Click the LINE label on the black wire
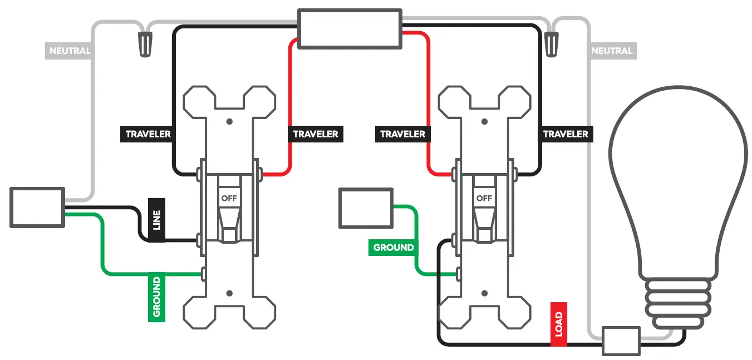(156, 220)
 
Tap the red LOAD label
(558, 324)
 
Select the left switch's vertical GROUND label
(156, 297)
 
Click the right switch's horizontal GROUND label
(393, 248)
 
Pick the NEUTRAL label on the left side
(70, 51)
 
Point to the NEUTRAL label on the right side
(612, 51)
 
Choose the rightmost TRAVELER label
(566, 134)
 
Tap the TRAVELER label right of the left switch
(316, 134)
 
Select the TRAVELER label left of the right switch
(402, 134)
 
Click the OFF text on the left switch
(229, 198)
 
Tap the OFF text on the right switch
(484, 198)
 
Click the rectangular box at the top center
(350, 28)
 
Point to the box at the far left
(37, 208)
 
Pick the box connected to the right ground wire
(366, 208)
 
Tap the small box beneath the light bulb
(621, 341)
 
